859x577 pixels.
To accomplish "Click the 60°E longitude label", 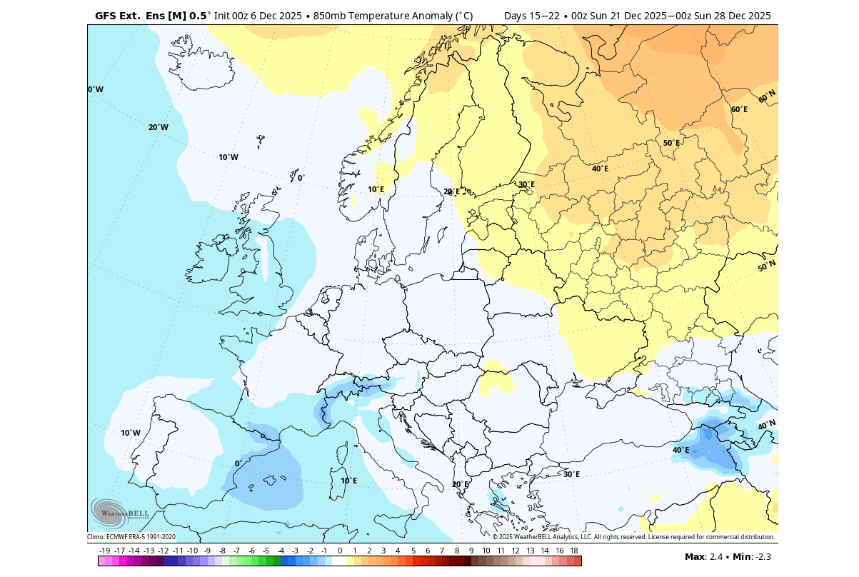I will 739,109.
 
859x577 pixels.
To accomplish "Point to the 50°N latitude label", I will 766,266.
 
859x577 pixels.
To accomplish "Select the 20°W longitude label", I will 159,127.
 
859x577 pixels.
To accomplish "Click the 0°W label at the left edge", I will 96,89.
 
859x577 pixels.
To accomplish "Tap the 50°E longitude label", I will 671,143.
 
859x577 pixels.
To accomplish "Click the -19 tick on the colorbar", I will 104,551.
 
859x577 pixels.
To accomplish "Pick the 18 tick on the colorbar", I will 574,551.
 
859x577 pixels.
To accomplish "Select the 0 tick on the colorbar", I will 339,551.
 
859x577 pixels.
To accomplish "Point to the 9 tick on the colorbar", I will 471,551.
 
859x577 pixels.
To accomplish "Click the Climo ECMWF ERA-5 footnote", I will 131,537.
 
